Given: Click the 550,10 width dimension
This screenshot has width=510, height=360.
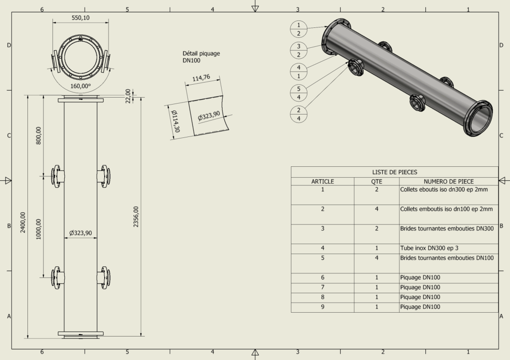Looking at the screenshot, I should (x=81, y=18).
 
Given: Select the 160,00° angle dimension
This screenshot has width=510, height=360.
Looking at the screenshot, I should (x=81, y=86).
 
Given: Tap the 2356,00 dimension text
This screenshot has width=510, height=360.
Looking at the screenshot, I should (x=136, y=217).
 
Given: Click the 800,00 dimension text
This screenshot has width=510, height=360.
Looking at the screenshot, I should (x=39, y=135).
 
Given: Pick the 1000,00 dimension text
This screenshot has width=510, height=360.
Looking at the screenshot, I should (x=39, y=229).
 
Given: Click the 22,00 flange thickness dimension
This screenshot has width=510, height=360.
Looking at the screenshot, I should (x=128, y=96).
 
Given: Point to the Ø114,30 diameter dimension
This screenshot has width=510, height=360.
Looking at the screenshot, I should (x=175, y=121).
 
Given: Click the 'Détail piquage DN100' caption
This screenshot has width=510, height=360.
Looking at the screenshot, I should (x=201, y=57).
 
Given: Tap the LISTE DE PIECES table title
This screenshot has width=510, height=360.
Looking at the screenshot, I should (x=394, y=171).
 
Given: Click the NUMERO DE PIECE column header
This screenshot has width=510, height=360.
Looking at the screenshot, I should (x=448, y=181).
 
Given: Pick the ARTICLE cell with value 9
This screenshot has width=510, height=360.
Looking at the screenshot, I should (x=322, y=307).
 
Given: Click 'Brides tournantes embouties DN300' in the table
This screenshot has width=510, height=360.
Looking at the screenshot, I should (x=447, y=229).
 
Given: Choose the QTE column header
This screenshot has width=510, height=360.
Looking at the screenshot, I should (x=377, y=181).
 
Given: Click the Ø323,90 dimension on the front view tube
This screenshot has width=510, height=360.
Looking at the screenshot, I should (x=80, y=233).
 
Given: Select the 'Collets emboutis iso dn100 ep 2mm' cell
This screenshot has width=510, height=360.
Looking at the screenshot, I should (x=446, y=209).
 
